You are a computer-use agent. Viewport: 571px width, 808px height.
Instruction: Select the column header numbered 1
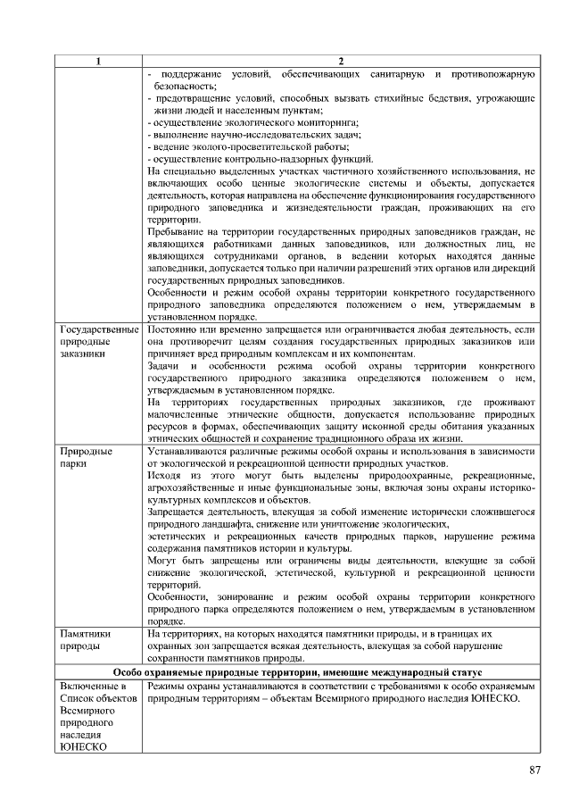point(98,62)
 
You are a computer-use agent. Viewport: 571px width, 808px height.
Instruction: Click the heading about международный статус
point(297,671)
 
